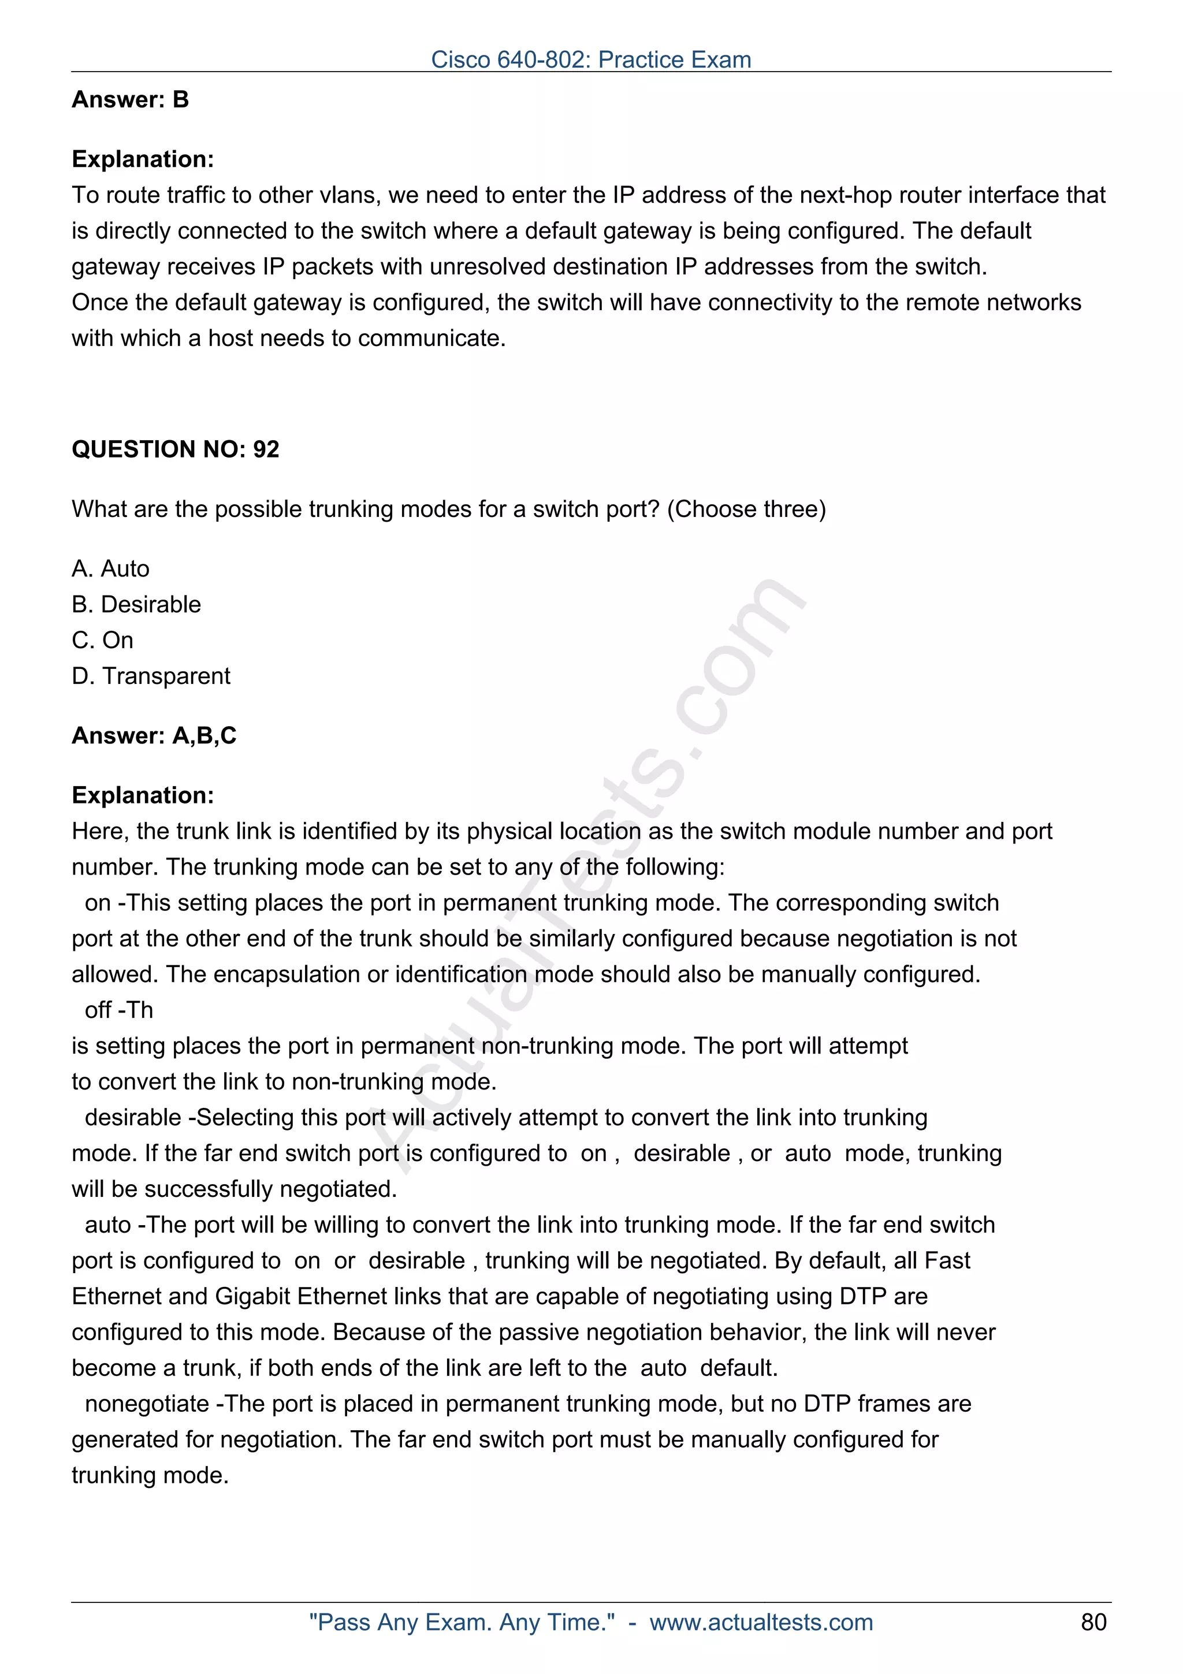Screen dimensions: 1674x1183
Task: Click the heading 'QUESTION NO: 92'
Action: point(175,449)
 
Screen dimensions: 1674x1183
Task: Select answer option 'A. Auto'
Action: point(111,569)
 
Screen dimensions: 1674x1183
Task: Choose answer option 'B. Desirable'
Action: point(136,604)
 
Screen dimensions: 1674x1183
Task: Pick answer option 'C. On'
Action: point(103,640)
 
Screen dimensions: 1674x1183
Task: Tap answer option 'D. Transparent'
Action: point(151,676)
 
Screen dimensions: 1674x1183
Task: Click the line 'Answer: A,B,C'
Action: point(154,736)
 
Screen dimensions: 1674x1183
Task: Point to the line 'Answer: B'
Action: point(130,99)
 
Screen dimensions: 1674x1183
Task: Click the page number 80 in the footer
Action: point(1093,1622)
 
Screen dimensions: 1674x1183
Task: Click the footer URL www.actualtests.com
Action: point(761,1622)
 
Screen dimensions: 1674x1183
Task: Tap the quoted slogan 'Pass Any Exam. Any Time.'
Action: point(462,1622)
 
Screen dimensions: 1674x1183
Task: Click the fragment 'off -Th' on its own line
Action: point(119,1010)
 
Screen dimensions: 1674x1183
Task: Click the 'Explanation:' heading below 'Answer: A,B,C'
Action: point(143,795)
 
